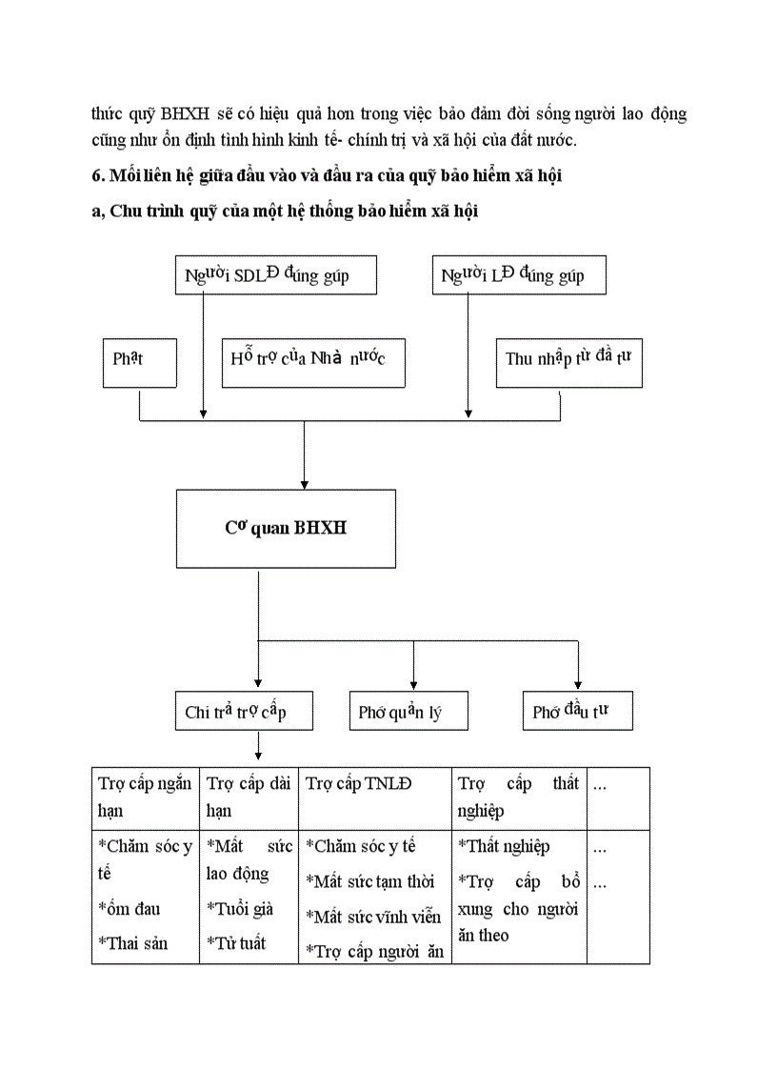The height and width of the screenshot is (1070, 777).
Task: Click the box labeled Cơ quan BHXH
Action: (286, 528)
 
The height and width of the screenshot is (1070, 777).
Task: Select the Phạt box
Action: (139, 360)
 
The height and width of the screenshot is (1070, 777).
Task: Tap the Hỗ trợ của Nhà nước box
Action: (312, 360)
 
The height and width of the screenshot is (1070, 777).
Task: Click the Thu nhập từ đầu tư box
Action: (568, 360)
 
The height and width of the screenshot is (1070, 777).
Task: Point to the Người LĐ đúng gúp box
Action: (519, 275)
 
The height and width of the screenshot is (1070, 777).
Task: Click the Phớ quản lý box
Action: (408, 712)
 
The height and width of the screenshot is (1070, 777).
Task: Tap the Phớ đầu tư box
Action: (577, 712)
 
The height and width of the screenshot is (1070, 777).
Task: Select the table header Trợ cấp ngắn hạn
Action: (145, 797)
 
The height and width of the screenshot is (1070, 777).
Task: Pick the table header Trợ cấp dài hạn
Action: (249, 797)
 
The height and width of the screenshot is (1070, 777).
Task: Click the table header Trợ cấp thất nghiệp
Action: (518, 797)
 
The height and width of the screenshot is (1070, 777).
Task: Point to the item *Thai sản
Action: (133, 942)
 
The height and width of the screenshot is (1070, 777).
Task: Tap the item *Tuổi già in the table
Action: (240, 908)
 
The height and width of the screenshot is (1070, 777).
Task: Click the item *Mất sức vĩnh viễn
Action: (373, 917)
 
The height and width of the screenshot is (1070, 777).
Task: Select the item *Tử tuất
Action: (236, 943)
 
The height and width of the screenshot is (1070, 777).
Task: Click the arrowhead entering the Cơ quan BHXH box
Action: (304, 484)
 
